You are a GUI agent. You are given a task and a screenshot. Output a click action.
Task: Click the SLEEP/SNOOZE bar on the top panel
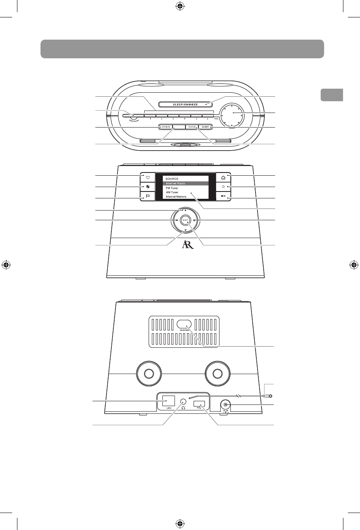187,104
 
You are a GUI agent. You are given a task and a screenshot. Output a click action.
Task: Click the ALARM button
206,127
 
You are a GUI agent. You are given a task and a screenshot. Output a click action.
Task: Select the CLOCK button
192,127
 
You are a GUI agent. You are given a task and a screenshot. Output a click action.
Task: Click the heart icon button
148,178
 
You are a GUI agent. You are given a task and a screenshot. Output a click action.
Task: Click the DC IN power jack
226,404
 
